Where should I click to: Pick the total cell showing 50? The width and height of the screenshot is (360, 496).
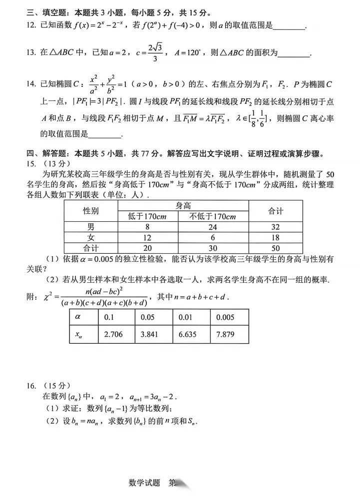pos(276,248)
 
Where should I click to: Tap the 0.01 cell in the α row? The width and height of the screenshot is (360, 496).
pos(187,317)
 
